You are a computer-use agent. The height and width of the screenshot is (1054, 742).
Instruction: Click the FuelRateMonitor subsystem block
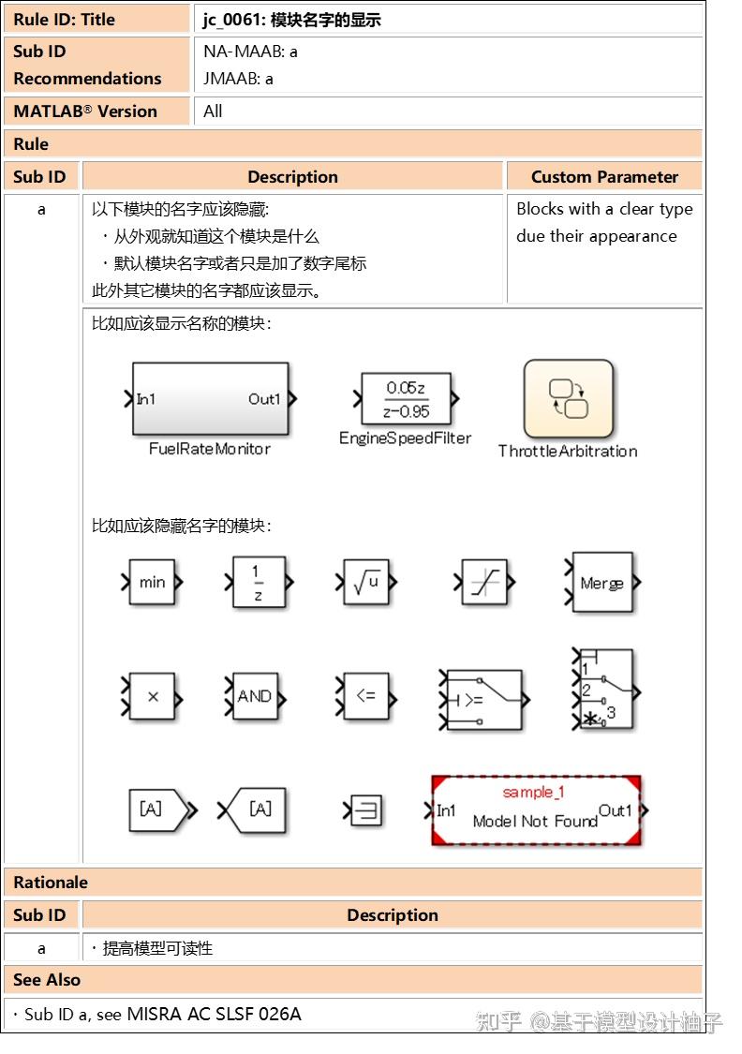(211, 399)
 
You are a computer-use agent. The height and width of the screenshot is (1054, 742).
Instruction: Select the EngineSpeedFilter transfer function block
(406, 400)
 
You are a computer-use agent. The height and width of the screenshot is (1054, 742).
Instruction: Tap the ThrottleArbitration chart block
(569, 399)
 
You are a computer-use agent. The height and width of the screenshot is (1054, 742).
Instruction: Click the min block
(152, 582)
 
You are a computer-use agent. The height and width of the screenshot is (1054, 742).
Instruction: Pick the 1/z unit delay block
(258, 582)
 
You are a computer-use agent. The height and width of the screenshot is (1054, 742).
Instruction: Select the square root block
(365, 582)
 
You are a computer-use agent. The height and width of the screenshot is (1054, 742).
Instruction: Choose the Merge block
(601, 583)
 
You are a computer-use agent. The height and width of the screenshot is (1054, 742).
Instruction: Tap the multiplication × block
(153, 697)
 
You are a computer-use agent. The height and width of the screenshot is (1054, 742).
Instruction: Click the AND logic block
(254, 697)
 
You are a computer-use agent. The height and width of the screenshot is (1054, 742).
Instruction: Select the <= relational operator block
(365, 697)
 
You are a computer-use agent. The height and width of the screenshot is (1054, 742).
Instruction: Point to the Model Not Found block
(535, 811)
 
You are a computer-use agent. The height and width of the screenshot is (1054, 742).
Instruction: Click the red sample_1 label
(533, 793)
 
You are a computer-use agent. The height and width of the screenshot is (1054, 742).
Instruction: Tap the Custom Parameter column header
(604, 177)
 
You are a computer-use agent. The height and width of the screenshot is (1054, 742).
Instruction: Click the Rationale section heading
(51, 883)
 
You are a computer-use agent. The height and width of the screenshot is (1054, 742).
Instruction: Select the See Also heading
(47, 980)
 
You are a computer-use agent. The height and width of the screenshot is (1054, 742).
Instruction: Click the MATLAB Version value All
(214, 111)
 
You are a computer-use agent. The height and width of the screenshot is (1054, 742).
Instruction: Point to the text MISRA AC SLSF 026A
(215, 1014)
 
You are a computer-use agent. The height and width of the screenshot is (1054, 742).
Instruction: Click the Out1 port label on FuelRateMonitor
(264, 399)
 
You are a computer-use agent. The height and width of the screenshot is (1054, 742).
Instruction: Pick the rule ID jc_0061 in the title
(232, 20)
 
